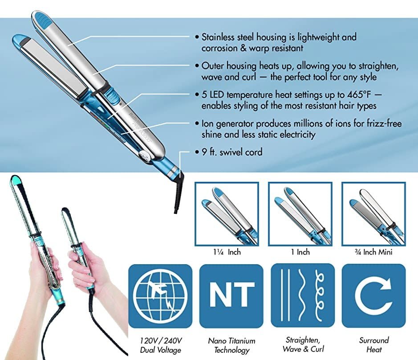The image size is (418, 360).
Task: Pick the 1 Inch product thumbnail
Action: coord(300,214)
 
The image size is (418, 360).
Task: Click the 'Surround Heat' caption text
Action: coord(373,345)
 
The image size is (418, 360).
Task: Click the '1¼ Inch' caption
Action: coord(227,252)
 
